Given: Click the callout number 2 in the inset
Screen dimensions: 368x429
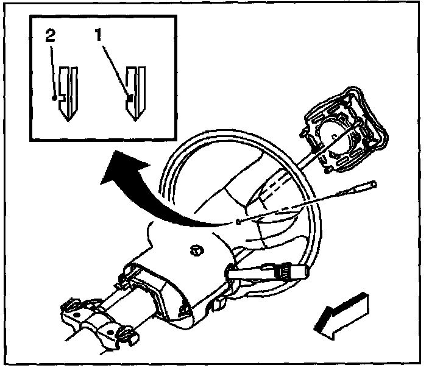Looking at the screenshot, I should click(50, 35).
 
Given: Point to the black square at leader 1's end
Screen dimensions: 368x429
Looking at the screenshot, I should click(129, 96).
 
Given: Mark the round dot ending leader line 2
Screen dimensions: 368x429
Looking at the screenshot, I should click(55, 97).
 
